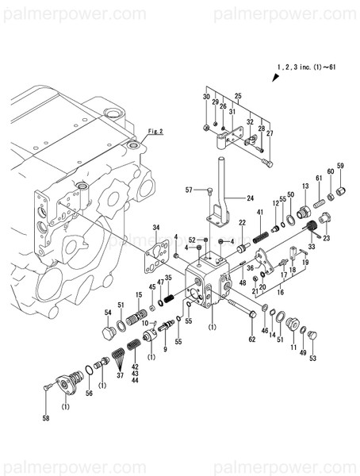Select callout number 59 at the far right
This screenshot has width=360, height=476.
coord(340,165)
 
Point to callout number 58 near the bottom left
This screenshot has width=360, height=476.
coord(46,418)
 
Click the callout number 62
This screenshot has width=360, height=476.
coord(251,339)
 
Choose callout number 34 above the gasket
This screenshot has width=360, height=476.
coord(156,228)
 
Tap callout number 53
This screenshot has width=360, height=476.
coord(312,359)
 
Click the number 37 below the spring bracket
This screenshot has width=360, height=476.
coord(121,375)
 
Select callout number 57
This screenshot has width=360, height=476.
coord(189,190)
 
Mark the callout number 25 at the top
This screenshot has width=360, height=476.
coord(237,95)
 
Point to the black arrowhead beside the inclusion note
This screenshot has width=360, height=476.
coord(276,79)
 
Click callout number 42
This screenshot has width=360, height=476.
coord(135,366)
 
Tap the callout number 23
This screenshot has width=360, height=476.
coord(326,238)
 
